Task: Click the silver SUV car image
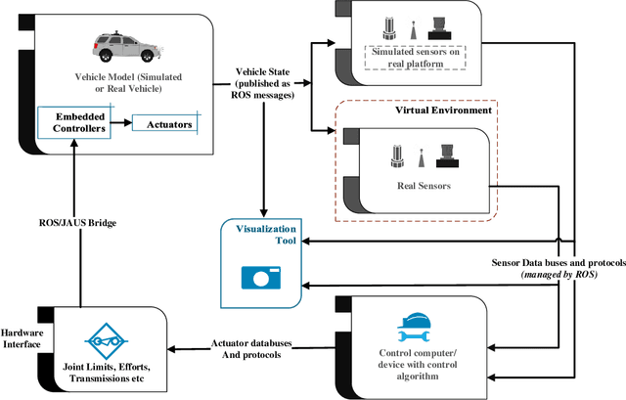[123, 48]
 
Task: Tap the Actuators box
[162, 123]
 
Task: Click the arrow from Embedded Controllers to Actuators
[120, 123]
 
